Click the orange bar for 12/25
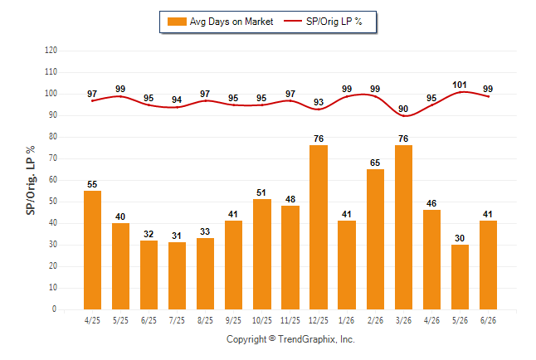[319, 227]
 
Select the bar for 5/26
[460, 277]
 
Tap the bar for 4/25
[92, 250]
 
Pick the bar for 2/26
[375, 240]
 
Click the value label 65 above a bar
[375, 163]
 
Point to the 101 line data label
[460, 85]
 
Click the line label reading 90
[403, 109]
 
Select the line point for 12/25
[319, 109]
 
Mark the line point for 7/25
[177, 107]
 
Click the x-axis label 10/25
[262, 320]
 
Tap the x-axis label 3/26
[403, 320]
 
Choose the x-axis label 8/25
[205, 320]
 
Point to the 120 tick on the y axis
[51, 51]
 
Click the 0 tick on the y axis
[54, 309]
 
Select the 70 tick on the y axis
[52, 158]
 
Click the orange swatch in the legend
[177, 22]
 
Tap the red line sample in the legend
[293, 22]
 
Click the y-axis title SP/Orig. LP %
[31, 180]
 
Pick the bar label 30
[460, 238]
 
